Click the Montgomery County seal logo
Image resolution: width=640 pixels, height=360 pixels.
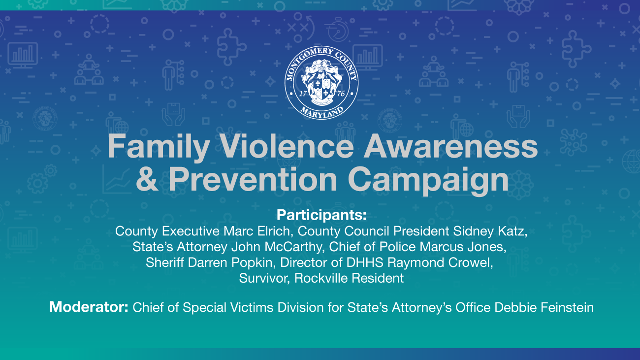(x=321, y=83)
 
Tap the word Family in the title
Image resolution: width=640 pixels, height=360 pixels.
(x=159, y=147)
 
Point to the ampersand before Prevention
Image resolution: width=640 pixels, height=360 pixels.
(x=147, y=179)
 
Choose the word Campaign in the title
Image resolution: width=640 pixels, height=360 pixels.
(x=428, y=181)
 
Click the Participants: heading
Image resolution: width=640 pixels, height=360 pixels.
(x=321, y=215)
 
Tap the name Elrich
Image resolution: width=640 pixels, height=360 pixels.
(x=275, y=231)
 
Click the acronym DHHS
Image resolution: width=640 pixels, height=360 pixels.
(x=365, y=262)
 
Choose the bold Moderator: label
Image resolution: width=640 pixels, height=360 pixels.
(x=89, y=307)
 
